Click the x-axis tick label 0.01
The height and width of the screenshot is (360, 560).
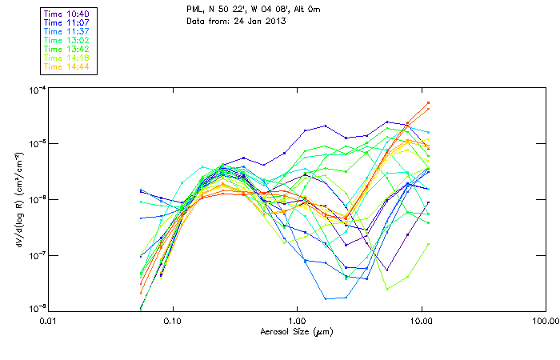(x=49, y=322)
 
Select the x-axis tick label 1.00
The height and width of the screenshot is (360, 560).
(x=297, y=322)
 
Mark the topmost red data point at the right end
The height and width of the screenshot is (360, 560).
(x=429, y=102)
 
